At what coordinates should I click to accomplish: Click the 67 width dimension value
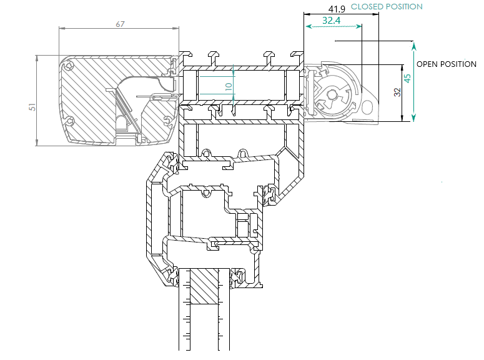121,24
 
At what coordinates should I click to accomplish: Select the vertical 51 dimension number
32,107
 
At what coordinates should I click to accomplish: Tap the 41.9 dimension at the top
337,9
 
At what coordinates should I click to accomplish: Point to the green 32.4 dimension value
331,21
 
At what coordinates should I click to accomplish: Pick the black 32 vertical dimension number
397,92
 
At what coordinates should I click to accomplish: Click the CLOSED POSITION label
387,7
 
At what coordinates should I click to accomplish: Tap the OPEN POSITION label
446,64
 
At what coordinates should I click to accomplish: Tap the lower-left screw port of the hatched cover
69,120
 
